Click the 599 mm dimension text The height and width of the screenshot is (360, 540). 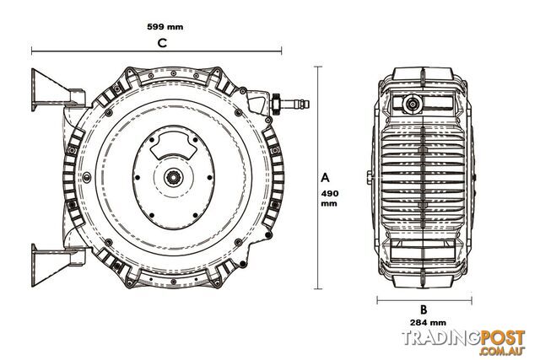165,27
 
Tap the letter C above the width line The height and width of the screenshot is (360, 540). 162,43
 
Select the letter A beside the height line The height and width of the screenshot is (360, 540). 325,178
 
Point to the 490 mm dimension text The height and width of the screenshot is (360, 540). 330,198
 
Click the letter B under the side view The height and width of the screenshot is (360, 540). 424,309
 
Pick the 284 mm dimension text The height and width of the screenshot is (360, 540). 428,323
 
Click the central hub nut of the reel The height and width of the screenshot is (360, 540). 173,178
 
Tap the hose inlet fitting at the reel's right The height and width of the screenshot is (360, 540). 290,103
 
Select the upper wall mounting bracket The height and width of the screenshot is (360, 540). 57,90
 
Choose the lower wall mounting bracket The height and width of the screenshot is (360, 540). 57,265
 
